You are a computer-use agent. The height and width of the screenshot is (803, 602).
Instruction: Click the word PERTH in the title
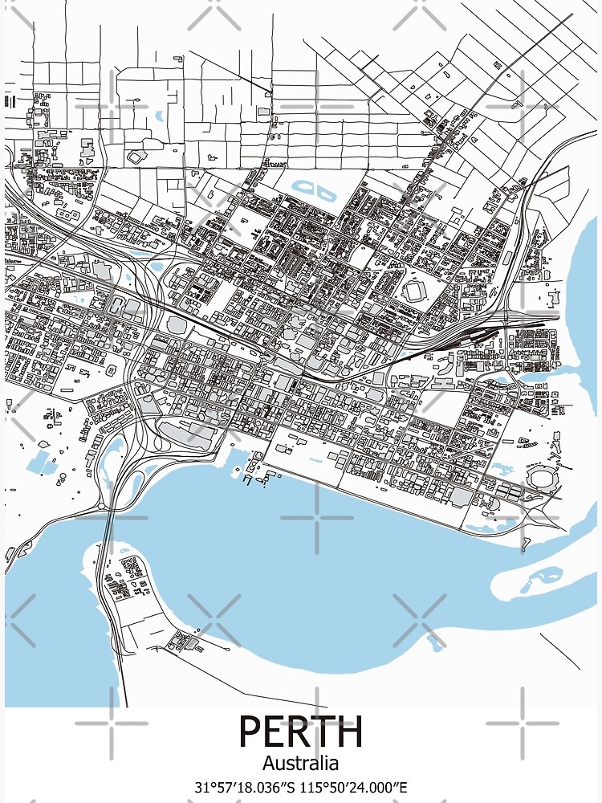click(301, 732)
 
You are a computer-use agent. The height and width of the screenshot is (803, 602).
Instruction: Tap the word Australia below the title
click(301, 763)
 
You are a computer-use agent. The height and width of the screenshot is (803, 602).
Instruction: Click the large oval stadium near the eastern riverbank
click(541, 479)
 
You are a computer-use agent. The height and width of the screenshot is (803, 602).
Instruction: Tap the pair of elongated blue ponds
click(314, 191)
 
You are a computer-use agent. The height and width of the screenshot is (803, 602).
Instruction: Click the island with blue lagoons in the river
click(546, 576)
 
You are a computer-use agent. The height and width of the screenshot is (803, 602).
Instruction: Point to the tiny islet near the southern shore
click(436, 642)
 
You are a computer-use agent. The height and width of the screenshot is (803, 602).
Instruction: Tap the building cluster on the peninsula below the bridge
click(128, 575)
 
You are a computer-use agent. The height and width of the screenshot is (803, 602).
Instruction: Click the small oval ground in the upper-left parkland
click(137, 156)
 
